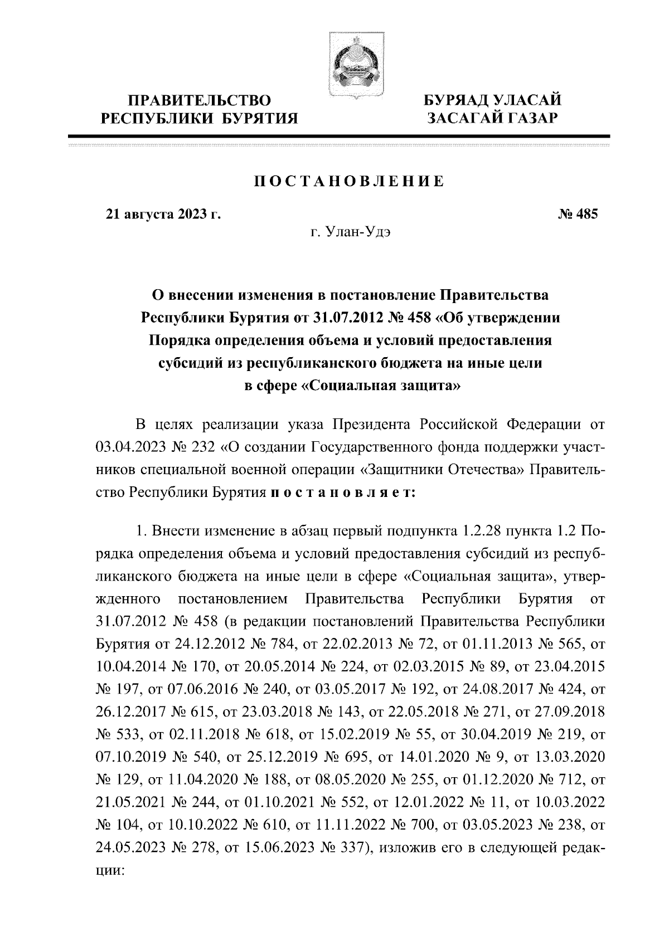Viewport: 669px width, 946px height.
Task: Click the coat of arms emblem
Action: (348, 65)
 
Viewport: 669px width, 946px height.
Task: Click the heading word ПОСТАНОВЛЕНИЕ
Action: (349, 182)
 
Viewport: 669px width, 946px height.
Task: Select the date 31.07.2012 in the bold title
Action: (340, 318)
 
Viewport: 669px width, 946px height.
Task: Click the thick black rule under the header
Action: (338, 136)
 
